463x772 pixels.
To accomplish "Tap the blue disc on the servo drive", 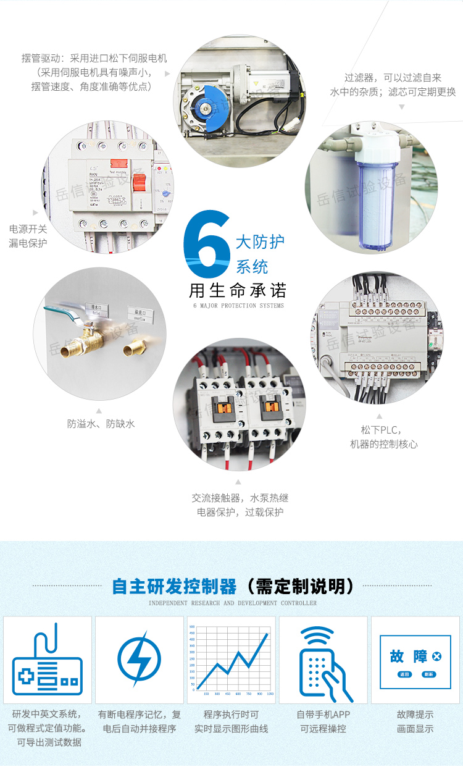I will tap(209, 107).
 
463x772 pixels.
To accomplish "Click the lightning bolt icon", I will tap(139, 658).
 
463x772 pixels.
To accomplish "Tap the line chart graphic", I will tap(231, 660).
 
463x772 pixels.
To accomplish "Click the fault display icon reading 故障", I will tap(415, 661).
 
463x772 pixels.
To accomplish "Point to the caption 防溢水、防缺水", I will tap(101, 424).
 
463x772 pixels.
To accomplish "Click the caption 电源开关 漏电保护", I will tap(28, 236).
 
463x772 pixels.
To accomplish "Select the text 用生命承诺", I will tap(237, 290).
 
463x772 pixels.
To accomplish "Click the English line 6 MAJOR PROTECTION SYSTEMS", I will tap(238, 306).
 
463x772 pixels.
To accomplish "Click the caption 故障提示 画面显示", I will tap(415, 721).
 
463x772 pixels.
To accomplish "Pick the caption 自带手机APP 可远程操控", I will tap(323, 721).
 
